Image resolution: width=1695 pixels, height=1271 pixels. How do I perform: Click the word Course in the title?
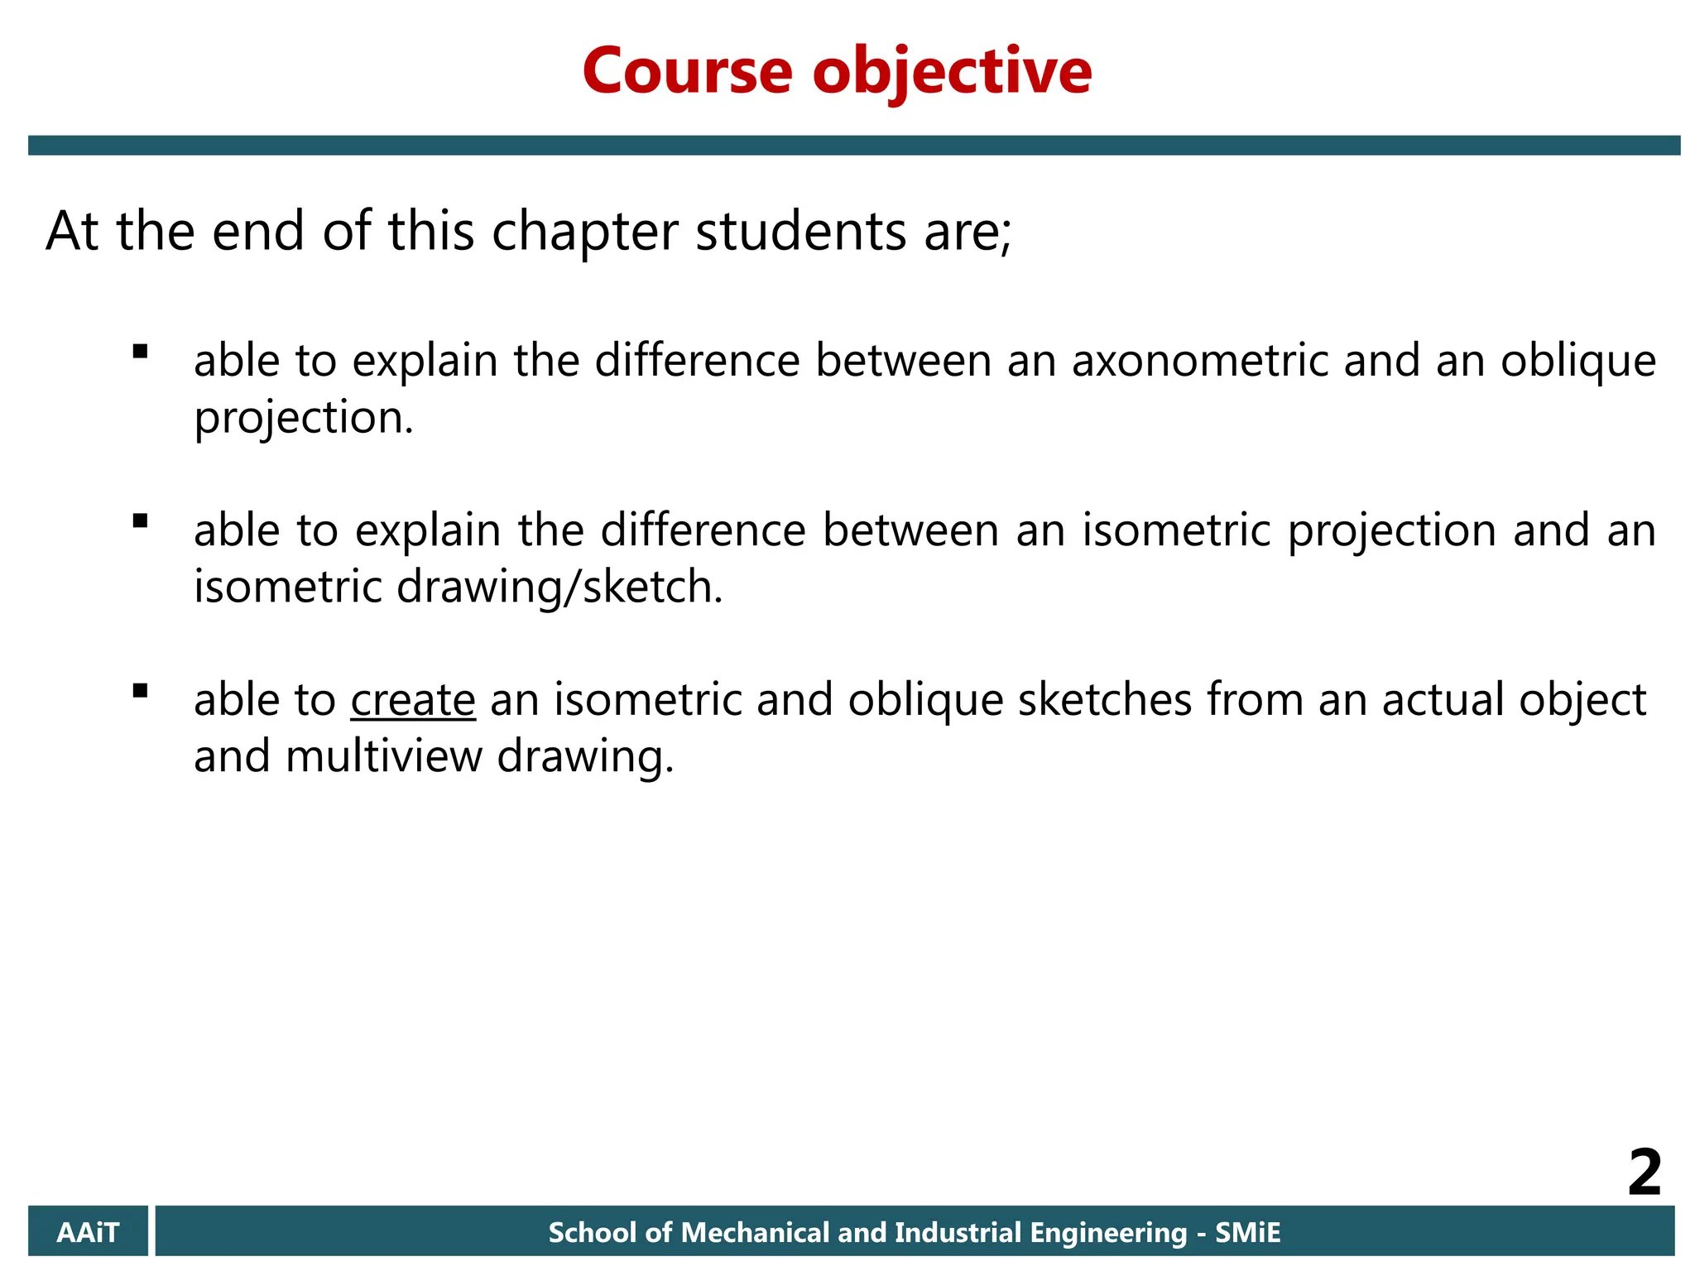pos(688,71)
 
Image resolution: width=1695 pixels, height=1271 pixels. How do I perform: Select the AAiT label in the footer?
pos(88,1232)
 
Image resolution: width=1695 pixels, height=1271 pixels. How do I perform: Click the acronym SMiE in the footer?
pos(1247,1232)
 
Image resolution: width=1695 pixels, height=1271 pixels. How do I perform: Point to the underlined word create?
pos(413,699)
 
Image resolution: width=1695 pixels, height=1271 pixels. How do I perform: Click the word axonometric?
pos(1200,361)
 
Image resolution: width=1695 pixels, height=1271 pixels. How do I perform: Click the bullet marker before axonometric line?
pos(140,352)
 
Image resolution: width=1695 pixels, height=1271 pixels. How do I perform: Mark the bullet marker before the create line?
pos(140,690)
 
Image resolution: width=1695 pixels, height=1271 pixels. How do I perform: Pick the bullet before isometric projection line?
pos(140,520)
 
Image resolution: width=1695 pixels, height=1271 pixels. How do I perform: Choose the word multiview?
pos(384,756)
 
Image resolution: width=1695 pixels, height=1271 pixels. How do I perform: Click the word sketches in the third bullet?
pos(1105,699)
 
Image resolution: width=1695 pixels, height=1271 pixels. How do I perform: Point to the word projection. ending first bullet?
pos(303,419)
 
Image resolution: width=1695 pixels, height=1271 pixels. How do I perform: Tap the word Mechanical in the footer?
pos(755,1232)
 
